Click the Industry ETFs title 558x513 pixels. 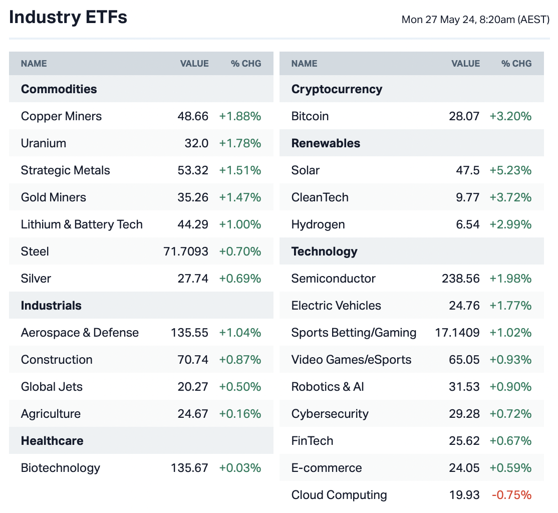point(68,18)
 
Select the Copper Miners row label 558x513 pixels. point(61,116)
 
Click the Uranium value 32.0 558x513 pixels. point(196,143)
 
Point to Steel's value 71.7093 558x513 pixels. point(186,251)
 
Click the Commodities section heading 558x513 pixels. point(59,89)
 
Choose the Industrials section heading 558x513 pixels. point(51,306)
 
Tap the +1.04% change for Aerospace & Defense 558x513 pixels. point(240,333)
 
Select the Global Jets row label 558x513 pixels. point(52,387)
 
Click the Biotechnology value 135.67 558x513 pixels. point(189,468)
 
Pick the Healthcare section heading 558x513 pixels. point(52,441)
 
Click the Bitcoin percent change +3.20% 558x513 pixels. point(510,116)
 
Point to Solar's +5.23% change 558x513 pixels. point(510,170)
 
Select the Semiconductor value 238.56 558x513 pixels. point(460,279)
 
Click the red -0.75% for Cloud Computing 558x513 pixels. point(511,495)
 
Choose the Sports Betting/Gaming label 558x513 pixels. point(354,333)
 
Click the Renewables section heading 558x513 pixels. point(326,143)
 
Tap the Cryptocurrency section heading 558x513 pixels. point(337,89)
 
